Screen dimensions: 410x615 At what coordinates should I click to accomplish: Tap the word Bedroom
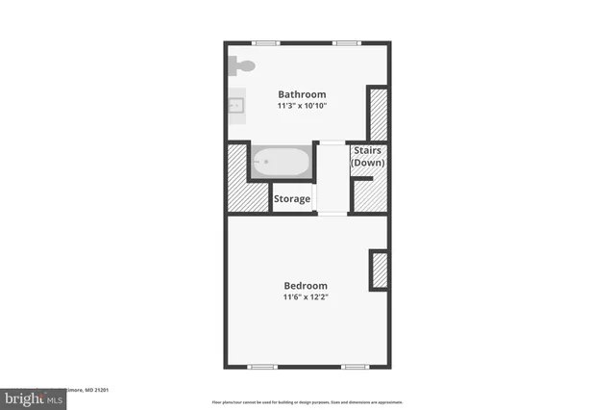(306, 286)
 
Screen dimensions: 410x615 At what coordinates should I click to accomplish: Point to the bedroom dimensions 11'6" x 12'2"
(306, 298)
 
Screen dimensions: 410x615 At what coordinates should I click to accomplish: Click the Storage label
(292, 199)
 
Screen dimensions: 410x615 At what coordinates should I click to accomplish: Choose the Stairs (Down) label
(368, 157)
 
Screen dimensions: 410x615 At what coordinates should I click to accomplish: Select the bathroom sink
(236, 105)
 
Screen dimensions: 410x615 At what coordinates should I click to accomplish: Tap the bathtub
(281, 163)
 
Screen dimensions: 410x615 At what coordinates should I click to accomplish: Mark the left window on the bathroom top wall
(266, 42)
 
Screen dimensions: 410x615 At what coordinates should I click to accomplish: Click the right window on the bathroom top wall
(347, 42)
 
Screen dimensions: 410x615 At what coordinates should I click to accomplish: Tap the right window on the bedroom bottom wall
(354, 367)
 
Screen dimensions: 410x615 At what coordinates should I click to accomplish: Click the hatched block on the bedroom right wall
(379, 270)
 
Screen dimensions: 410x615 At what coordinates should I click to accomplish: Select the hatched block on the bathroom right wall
(378, 114)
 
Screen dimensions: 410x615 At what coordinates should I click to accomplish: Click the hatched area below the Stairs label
(369, 192)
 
